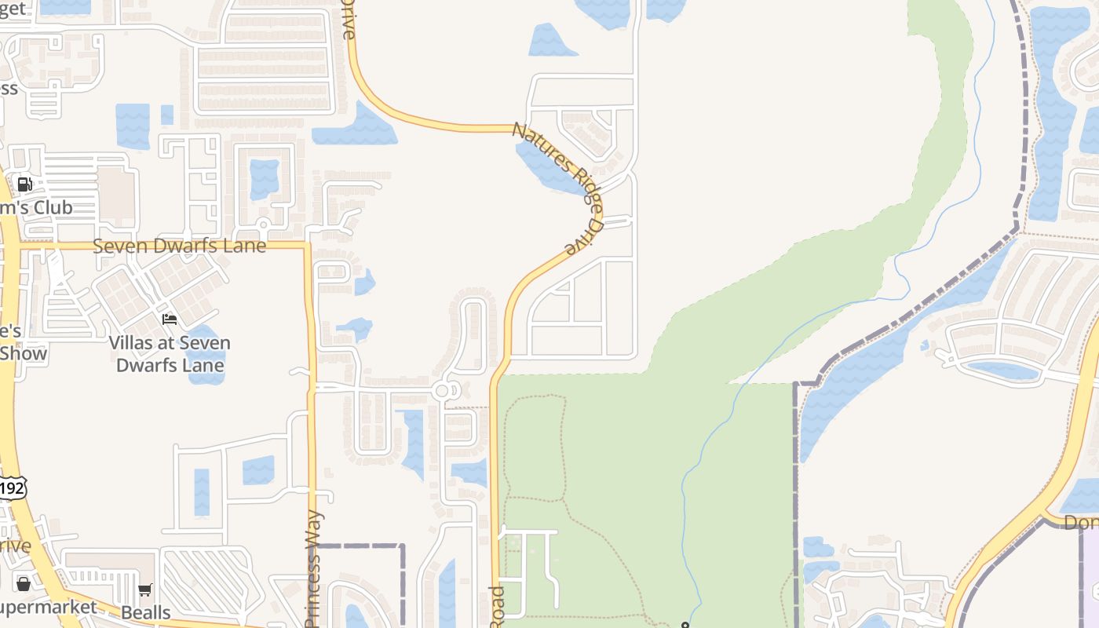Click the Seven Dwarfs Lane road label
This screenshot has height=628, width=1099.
(179, 246)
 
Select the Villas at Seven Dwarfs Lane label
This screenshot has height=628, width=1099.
(170, 354)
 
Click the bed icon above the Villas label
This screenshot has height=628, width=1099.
(170, 319)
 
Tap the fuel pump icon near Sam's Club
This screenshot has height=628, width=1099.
(24, 184)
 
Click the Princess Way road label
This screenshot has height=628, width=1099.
(312, 568)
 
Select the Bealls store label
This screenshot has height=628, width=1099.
(146, 612)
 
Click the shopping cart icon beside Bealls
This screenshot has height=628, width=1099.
(144, 590)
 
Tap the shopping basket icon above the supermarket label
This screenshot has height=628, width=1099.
(24, 584)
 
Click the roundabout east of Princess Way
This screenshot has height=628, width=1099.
(442, 390)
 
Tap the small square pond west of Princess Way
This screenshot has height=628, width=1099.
(257, 469)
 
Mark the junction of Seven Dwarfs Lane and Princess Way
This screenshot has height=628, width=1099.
(309, 246)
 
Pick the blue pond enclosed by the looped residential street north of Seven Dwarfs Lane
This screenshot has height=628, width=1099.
(265, 179)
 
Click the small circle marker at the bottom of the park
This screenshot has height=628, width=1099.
(685, 626)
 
